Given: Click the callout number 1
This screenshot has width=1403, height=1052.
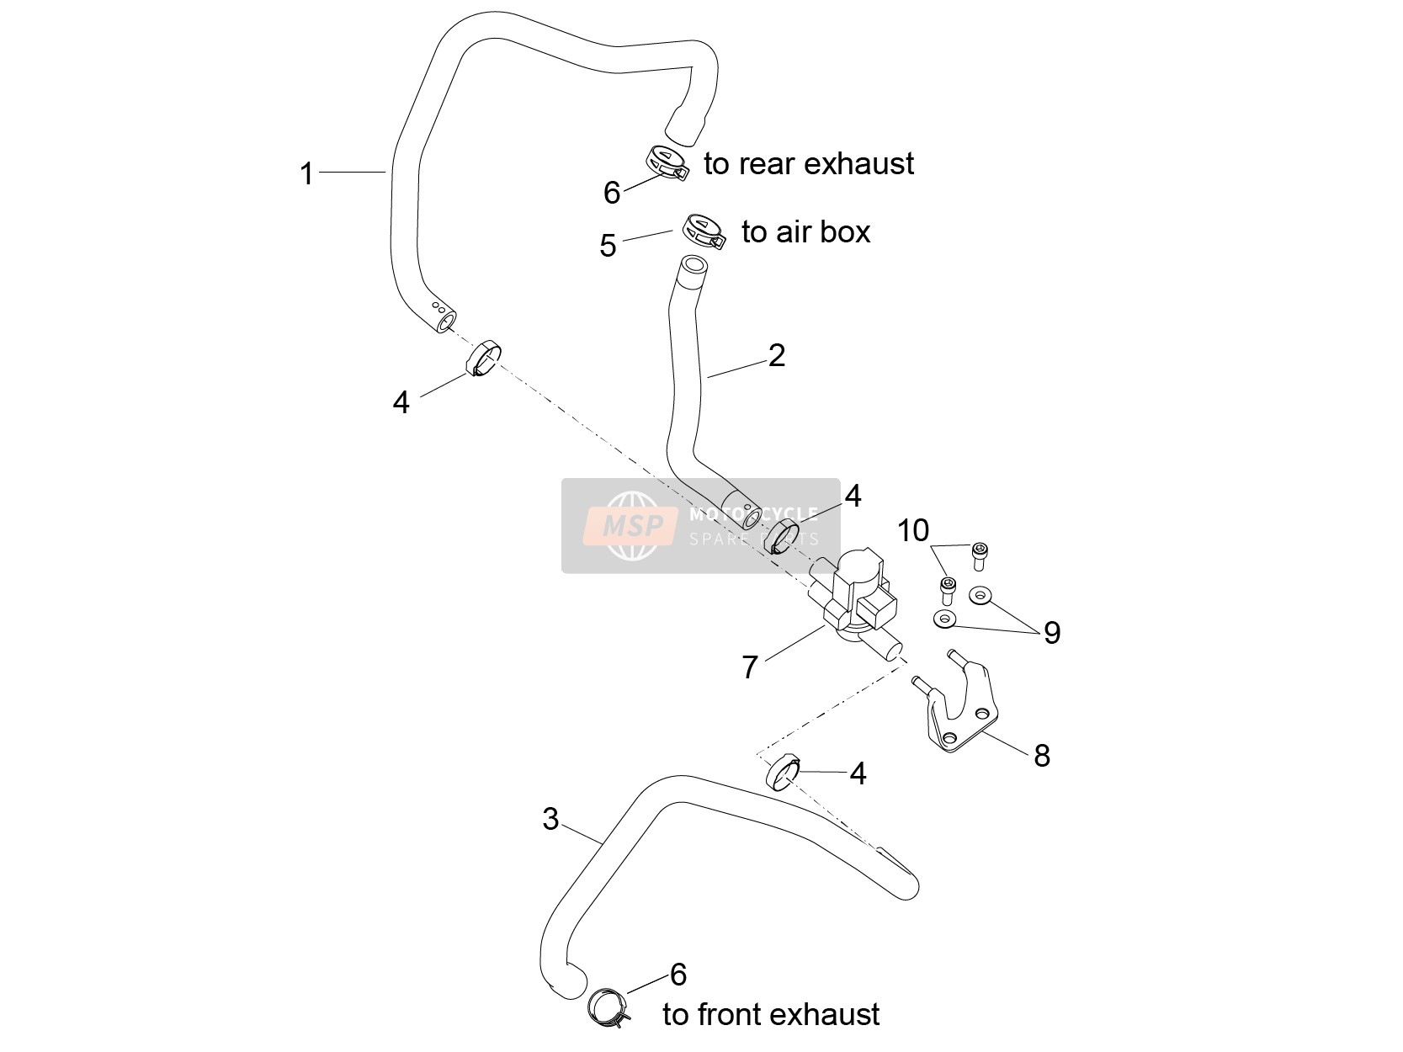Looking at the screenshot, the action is pyautogui.click(x=307, y=174).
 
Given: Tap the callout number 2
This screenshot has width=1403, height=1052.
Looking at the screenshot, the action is pyautogui.click(x=777, y=355).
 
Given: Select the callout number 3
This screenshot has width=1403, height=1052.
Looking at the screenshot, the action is pyautogui.click(x=550, y=820).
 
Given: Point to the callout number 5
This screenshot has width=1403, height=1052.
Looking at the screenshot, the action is pyautogui.click(x=608, y=246).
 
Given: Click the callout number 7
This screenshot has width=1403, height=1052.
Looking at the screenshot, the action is pyautogui.click(x=750, y=667).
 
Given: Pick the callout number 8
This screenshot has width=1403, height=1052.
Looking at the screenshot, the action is pyautogui.click(x=1042, y=756).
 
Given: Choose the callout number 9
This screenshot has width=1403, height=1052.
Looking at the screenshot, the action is pyautogui.click(x=1052, y=633).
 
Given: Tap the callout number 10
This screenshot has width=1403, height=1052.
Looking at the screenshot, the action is pyautogui.click(x=913, y=530).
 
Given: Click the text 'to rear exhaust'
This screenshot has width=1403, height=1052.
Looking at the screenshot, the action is pyautogui.click(x=809, y=163).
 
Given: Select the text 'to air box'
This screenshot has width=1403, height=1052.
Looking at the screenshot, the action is pyautogui.click(x=806, y=232).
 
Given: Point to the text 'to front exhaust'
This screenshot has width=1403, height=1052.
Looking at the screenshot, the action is pyautogui.click(x=771, y=1014).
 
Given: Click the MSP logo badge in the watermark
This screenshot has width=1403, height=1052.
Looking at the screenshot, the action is pyautogui.click(x=631, y=526).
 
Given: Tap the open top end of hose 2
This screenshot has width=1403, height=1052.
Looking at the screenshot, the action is pyautogui.click(x=694, y=264).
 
